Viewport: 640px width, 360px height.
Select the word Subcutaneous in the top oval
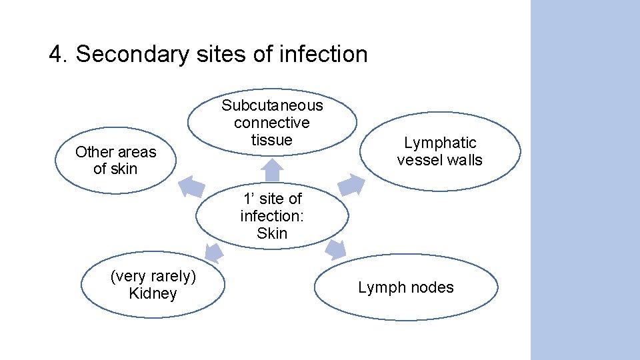coord(272,105)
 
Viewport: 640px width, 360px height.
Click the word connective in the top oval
coord(272,123)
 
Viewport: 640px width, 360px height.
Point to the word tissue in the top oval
coord(272,140)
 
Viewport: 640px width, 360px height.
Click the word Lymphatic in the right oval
coord(440,143)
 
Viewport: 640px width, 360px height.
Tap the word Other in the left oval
coord(92,152)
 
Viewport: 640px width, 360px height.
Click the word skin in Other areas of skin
coord(123,169)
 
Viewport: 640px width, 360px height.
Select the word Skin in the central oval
coord(272,233)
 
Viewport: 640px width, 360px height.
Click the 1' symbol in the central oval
coord(249,199)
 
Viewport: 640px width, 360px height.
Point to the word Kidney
coord(153,294)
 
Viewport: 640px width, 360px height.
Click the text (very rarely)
coord(153,277)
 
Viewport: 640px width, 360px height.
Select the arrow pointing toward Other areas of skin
coord(191,185)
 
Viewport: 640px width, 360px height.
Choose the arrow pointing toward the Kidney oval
coord(213,252)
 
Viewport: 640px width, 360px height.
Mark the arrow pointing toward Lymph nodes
coord(336,249)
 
